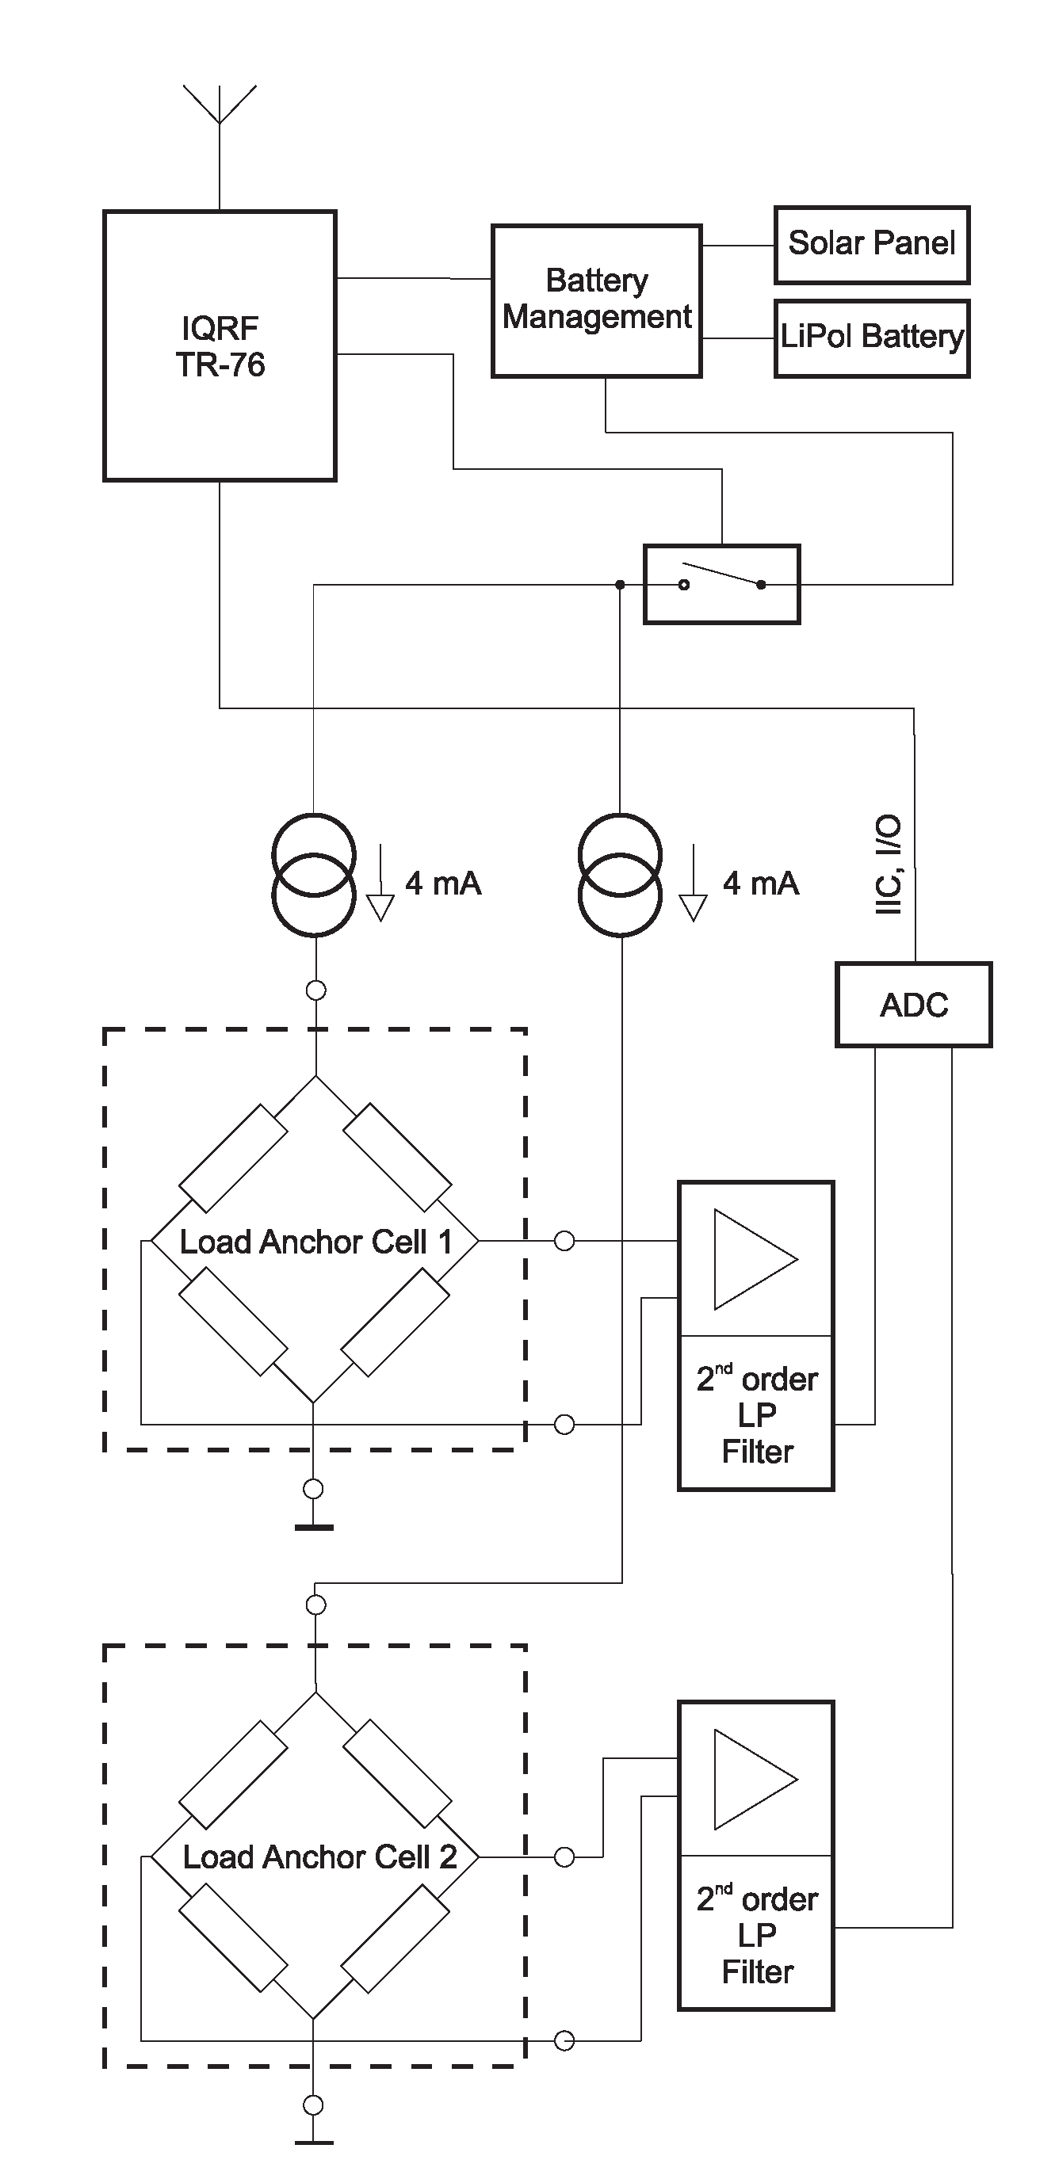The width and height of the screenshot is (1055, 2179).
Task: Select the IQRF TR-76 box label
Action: click(x=220, y=346)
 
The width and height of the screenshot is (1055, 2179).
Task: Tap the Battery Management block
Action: click(x=596, y=300)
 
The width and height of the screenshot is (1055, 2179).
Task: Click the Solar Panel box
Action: click(x=871, y=243)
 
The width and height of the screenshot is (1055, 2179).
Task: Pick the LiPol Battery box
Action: click(x=871, y=337)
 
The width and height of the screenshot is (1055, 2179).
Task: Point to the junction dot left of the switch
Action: click(x=620, y=585)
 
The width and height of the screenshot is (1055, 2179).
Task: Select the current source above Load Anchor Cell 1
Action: click(x=314, y=875)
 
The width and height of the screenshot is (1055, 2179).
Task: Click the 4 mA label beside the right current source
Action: click(x=761, y=884)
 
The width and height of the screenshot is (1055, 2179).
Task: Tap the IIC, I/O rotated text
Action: click(x=888, y=864)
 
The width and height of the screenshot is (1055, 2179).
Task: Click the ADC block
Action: click(x=914, y=1005)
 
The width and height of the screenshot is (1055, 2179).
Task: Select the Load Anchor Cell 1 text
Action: click(x=315, y=1242)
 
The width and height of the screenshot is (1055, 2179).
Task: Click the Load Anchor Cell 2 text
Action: click(x=319, y=1857)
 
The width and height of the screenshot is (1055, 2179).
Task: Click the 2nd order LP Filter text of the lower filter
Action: click(x=757, y=1936)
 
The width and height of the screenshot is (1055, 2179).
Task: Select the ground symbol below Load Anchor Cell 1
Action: click(x=314, y=1528)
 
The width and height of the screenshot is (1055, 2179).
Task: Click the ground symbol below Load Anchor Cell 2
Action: click(x=314, y=2143)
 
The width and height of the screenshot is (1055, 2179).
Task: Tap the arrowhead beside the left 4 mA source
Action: click(x=380, y=907)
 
